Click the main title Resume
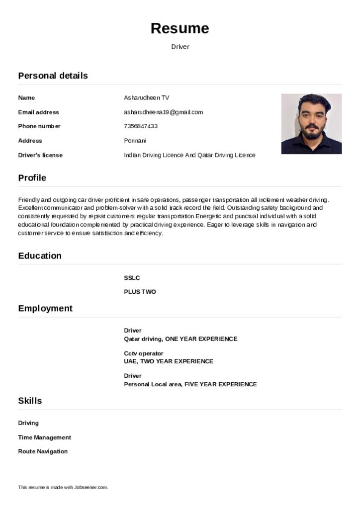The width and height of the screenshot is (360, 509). (x=180, y=28)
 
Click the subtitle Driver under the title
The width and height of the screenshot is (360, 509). (x=180, y=47)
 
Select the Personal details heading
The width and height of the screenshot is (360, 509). (x=53, y=76)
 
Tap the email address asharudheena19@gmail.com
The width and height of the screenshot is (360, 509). (x=163, y=112)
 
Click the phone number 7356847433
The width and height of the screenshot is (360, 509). (x=141, y=126)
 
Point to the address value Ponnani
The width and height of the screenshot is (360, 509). (x=135, y=141)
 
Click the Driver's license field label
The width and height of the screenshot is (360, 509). (x=40, y=155)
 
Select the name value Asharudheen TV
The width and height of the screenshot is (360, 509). (x=146, y=98)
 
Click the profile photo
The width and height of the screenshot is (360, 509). (x=311, y=124)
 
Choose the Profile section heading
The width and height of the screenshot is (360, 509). (x=32, y=178)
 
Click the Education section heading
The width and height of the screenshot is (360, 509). (x=40, y=256)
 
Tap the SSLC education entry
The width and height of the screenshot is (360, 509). (x=132, y=278)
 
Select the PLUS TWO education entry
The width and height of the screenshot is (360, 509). (x=140, y=292)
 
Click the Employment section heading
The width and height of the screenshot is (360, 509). (x=45, y=309)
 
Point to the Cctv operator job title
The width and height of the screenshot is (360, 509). (x=143, y=353)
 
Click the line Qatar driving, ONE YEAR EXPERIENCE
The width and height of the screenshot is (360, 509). (x=180, y=339)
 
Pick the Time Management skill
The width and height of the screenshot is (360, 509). (x=44, y=437)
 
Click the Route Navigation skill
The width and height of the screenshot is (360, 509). (x=43, y=451)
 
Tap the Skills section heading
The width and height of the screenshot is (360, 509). (x=30, y=401)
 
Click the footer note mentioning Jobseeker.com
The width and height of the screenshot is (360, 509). (x=63, y=488)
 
